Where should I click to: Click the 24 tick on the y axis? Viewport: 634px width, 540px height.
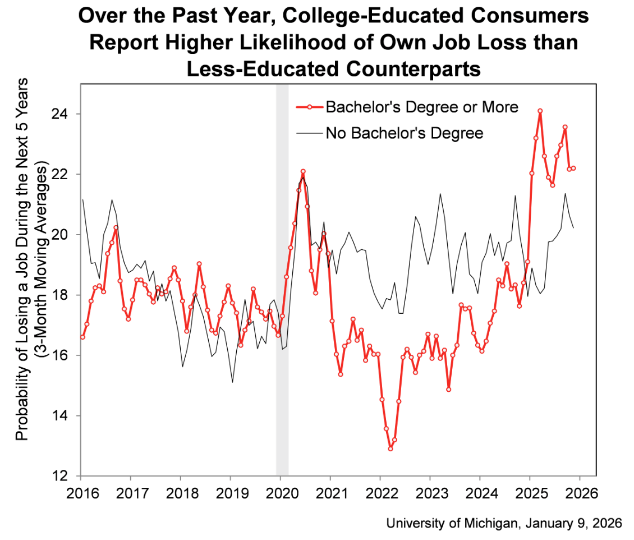tap(66, 115)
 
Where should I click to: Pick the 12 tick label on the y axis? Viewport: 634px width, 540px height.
tap(66, 476)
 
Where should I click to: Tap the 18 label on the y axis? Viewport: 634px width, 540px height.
tap(66, 295)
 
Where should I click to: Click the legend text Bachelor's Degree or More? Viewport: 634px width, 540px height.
tap(422, 106)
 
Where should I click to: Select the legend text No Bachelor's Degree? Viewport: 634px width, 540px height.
tap(404, 134)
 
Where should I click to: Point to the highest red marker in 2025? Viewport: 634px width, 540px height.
tap(540, 111)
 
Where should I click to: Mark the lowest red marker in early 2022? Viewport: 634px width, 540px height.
tap(390, 449)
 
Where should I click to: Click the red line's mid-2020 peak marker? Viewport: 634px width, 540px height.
tap(303, 171)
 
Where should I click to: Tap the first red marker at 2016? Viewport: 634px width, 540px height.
tap(82, 337)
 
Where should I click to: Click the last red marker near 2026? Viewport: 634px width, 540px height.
tap(573, 168)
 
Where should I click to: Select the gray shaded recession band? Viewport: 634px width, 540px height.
tap(282, 281)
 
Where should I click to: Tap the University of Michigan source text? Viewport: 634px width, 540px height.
tap(504, 523)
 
